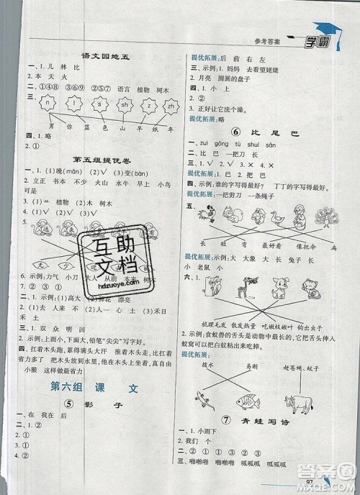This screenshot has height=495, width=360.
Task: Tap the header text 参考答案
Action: click(x=264, y=41)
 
